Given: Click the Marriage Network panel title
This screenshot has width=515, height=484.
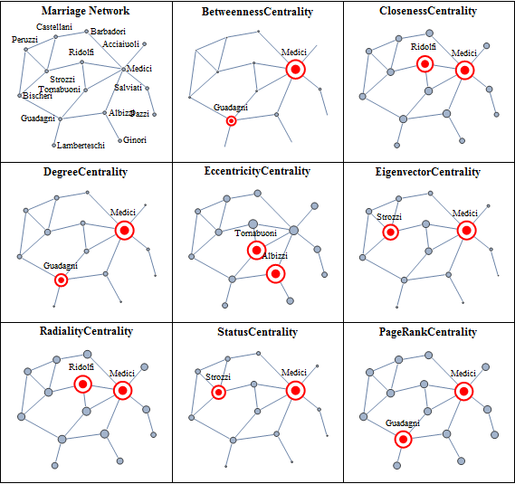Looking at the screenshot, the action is pyautogui.click(x=85, y=11).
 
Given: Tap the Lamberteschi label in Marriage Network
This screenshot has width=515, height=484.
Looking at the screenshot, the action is pyautogui.click(x=81, y=145).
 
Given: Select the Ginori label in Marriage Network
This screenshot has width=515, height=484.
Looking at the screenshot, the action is pyautogui.click(x=135, y=140).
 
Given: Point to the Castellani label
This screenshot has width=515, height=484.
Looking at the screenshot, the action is pyautogui.click(x=54, y=26).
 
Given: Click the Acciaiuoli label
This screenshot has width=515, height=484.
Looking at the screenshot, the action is pyautogui.click(x=121, y=44).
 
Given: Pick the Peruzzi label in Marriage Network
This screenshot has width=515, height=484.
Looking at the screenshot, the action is pyautogui.click(x=24, y=40).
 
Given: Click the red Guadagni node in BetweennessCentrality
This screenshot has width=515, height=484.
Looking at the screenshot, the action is pyautogui.click(x=231, y=121).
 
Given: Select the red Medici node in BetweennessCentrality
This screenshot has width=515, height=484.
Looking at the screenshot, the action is pyautogui.click(x=296, y=70).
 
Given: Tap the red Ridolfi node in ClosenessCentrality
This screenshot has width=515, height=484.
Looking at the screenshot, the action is pyautogui.click(x=425, y=63).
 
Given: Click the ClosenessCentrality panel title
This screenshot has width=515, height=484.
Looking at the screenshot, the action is pyautogui.click(x=428, y=11).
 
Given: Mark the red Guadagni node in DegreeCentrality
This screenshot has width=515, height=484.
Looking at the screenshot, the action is pyautogui.click(x=61, y=280).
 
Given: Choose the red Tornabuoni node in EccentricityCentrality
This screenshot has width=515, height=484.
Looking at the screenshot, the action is pyautogui.click(x=256, y=251).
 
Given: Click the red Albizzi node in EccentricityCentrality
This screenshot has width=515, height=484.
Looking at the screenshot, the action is pyautogui.click(x=275, y=273).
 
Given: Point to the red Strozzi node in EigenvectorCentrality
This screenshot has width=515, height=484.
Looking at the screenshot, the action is pyautogui.click(x=390, y=233).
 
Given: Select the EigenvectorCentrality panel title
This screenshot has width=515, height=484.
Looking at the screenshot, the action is pyautogui.click(x=428, y=172).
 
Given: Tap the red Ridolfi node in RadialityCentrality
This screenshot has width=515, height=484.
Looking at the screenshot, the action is pyautogui.click(x=82, y=384).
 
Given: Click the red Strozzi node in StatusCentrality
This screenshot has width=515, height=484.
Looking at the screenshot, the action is pyautogui.click(x=219, y=392).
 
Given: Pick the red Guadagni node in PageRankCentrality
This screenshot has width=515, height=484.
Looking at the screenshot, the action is pyautogui.click(x=403, y=439).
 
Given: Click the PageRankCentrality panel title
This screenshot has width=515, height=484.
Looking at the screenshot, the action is pyautogui.click(x=428, y=332).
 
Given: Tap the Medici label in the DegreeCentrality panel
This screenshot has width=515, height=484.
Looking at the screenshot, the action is pyautogui.click(x=123, y=212).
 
